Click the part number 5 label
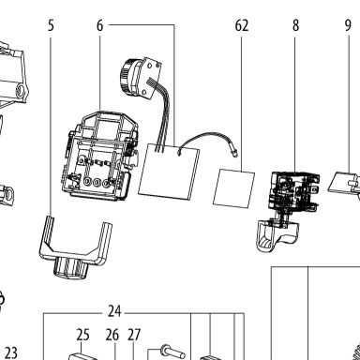[51, 25]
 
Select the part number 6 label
[99, 25]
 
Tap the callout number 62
[242, 25]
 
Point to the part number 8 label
[295, 25]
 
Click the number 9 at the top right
[348, 25]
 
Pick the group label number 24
[114, 311]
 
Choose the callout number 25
[82, 335]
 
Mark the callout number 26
[112, 335]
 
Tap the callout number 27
[134, 335]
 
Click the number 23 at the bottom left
[11, 352]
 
